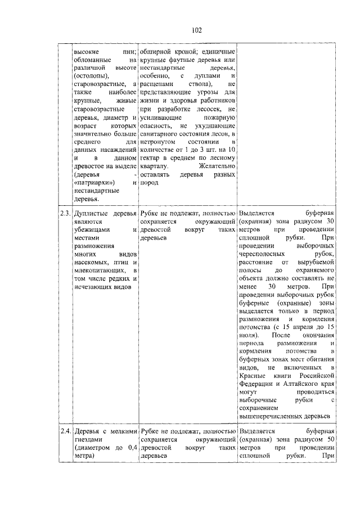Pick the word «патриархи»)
(94, 182)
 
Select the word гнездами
(88, 439)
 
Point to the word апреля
(296, 326)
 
